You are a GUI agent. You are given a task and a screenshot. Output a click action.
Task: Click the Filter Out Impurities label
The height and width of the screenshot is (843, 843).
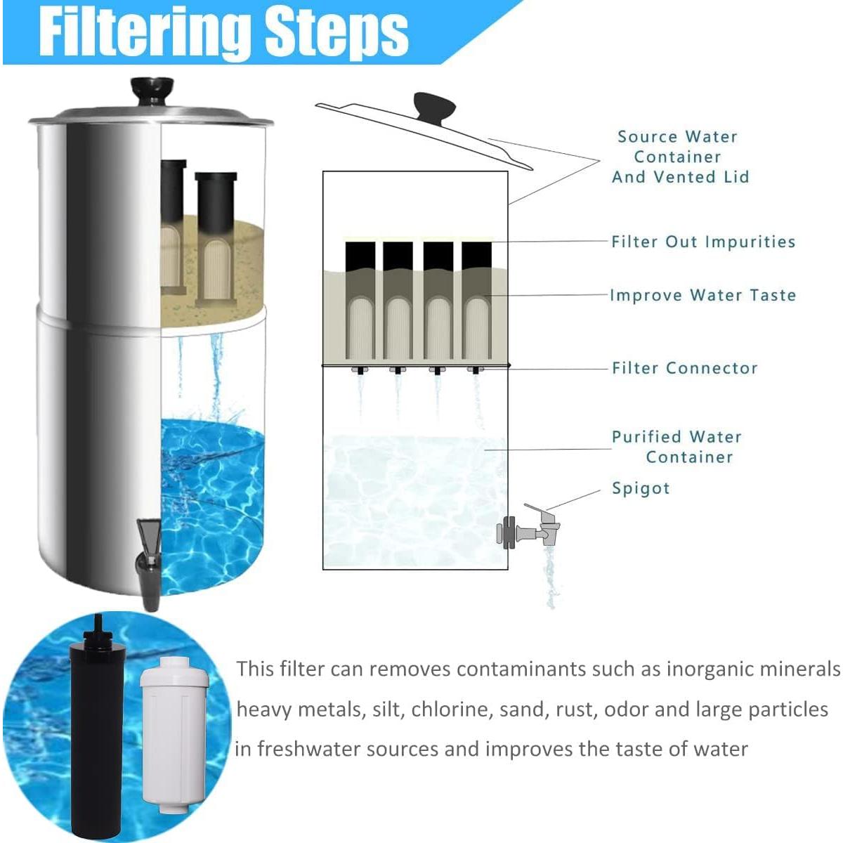pyautogui.click(x=702, y=242)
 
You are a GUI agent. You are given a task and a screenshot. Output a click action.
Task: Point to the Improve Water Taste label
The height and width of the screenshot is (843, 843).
pyautogui.click(x=702, y=295)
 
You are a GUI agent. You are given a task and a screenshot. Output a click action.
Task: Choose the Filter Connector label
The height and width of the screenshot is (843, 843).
pyautogui.click(x=684, y=368)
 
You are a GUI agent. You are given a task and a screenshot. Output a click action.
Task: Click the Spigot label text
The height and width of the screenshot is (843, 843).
pyautogui.click(x=641, y=488)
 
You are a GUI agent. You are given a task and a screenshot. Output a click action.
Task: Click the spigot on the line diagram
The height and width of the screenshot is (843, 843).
pyautogui.click(x=530, y=528)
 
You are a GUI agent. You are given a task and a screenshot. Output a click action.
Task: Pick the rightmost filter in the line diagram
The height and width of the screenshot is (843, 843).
pyautogui.click(x=477, y=302)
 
